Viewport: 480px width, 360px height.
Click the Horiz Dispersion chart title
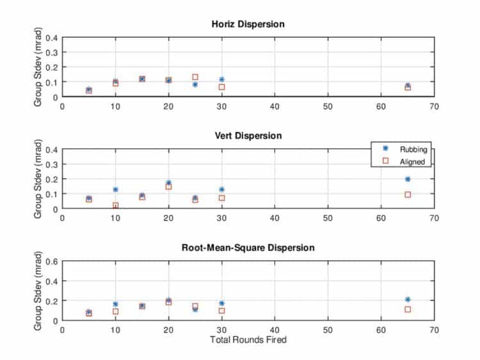pos(248,24)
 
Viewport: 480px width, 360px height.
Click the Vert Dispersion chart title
pos(248,136)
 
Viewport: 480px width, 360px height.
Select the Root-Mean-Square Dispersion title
pos(248,247)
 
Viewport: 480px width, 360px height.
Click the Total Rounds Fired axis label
pos(248,340)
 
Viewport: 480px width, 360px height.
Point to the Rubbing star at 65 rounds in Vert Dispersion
pos(408,179)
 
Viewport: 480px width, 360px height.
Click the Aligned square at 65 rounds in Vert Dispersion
pos(408,194)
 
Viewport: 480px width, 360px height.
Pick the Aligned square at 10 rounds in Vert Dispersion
pos(115,206)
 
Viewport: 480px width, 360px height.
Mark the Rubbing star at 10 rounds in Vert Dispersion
pos(115,190)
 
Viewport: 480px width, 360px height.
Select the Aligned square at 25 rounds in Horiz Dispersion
pos(195,77)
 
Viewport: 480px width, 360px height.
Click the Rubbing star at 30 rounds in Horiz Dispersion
pos(221,80)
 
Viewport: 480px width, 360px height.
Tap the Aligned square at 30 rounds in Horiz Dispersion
pos(221,87)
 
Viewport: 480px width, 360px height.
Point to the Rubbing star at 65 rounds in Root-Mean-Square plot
pos(408,299)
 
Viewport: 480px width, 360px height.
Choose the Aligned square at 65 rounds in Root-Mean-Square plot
pos(408,309)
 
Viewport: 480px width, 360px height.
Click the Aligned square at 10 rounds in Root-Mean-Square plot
pos(115,311)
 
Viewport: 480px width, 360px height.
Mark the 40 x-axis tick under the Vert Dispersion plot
pos(275,217)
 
